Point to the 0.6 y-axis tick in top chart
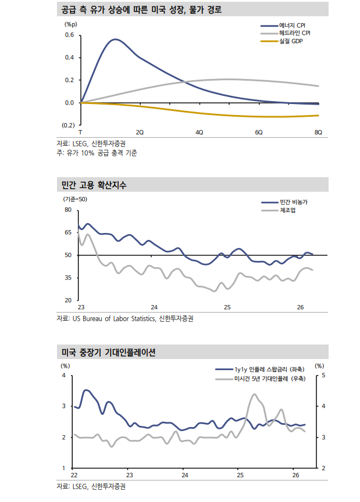pyautogui.click(x=69, y=35)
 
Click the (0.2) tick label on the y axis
pyautogui.click(x=68, y=125)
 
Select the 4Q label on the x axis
pyautogui.click(x=199, y=132)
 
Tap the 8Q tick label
pyautogui.click(x=318, y=132)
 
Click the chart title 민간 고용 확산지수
pyautogui.click(x=94, y=185)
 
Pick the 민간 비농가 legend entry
pyautogui.click(x=294, y=201)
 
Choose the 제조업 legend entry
pyautogui.click(x=287, y=210)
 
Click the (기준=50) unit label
pyautogui.click(x=75, y=199)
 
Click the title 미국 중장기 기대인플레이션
pyautogui.click(x=108, y=353)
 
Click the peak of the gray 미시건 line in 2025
pyautogui.click(x=255, y=395)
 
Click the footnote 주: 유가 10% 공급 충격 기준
pyautogui.click(x=97, y=153)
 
